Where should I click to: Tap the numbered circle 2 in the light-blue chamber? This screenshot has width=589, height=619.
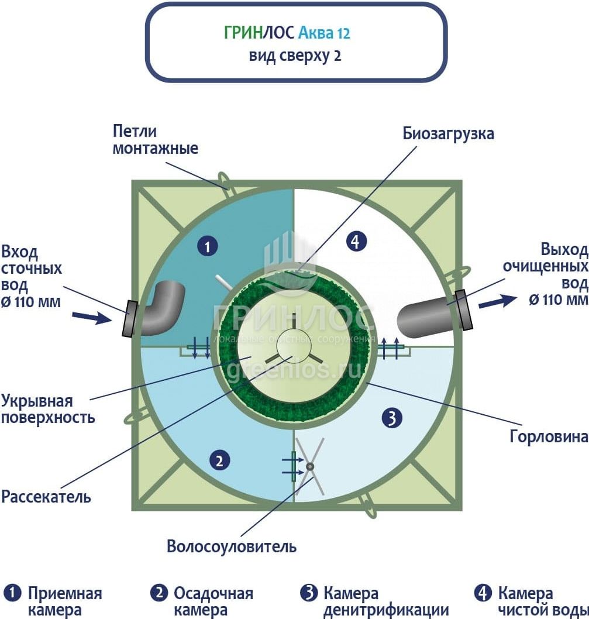coord(219,461)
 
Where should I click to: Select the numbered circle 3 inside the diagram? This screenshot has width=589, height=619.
coord(392,417)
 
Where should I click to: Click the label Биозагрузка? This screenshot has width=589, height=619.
coord(448,133)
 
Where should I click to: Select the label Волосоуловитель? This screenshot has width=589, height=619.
coord(232,547)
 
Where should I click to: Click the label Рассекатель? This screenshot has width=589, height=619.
coord(46,497)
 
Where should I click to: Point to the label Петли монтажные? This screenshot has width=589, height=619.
coord(155,140)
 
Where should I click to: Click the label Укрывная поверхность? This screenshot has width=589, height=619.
coord(48,410)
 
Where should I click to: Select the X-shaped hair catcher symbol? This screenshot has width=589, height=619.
coord(309,466)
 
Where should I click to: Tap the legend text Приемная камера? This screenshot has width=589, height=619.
coord(64,601)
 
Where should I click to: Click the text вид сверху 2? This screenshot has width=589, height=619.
coord(295,56)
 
